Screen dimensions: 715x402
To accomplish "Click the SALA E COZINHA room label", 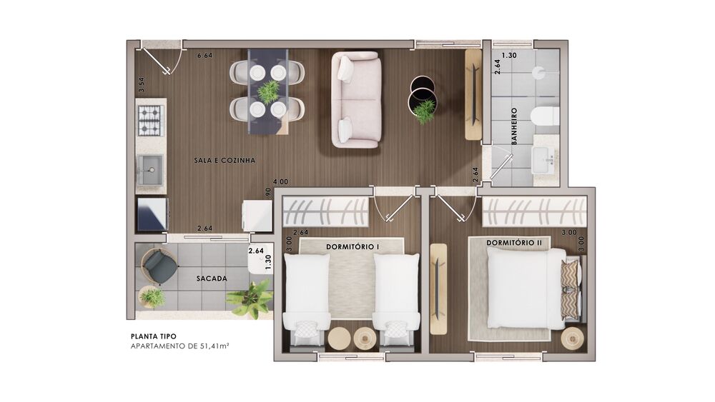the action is tap(225, 161).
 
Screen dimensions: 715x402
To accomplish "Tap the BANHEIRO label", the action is tap(514, 126).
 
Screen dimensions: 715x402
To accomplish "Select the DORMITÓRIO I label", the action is tap(353, 247).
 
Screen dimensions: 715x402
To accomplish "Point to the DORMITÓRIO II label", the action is tap(514, 243).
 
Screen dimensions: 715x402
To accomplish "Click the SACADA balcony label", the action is tap(212, 278).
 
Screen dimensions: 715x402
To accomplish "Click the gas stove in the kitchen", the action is tap(150, 120).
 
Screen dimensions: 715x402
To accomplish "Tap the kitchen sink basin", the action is tap(150, 170).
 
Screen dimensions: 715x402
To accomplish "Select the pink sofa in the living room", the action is tap(355, 100).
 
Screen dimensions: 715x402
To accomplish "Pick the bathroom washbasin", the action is tap(545, 160).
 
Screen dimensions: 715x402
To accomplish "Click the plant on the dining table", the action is tap(268, 91).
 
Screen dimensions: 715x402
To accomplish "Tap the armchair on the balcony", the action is tap(157, 268).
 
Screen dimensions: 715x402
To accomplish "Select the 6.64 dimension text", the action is tap(204, 56).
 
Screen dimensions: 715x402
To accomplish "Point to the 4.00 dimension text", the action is tap(280, 181).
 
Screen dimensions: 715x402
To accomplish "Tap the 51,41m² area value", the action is tap(214, 346).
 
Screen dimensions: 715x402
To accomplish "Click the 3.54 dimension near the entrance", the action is tap(142, 85).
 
